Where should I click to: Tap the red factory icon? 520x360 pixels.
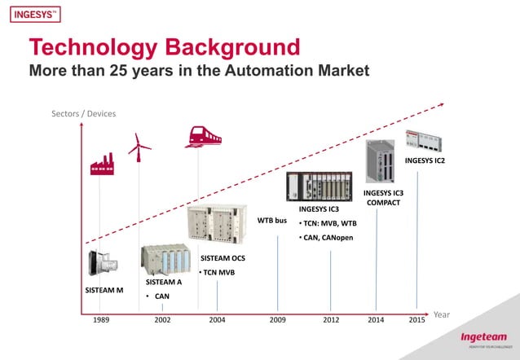pos(102,163)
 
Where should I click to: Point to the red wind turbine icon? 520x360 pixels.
pos(139,145)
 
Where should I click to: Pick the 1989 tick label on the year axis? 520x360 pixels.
pos(101,320)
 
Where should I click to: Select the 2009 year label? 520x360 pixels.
pos(278,320)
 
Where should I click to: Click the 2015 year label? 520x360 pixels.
pos(417,320)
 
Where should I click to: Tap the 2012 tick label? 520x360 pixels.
pos(331,320)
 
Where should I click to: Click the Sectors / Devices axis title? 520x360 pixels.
pos(84,113)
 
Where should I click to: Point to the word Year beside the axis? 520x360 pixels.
pos(442,314)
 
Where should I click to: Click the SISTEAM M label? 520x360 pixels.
pos(104,289)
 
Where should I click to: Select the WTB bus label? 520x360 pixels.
pos(272,220)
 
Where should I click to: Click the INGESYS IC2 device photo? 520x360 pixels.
pos(425,139)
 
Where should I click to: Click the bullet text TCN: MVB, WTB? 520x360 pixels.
pos(328,223)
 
